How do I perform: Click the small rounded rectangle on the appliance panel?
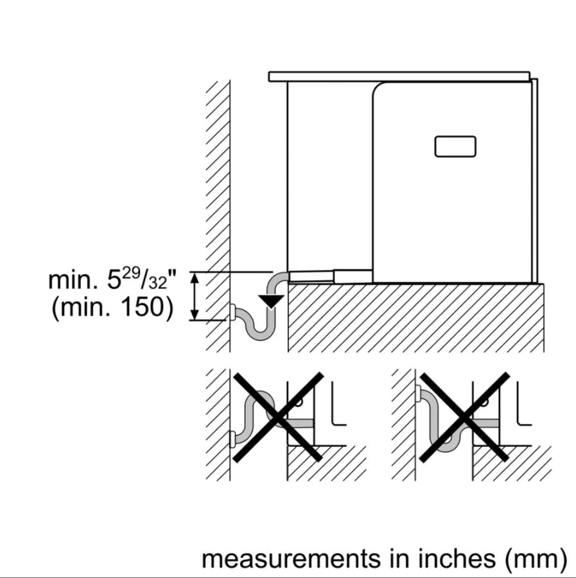click(x=455, y=146)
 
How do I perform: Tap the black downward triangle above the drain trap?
click(x=271, y=301)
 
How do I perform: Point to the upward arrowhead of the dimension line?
click(x=195, y=277)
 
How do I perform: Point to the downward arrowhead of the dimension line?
click(x=195, y=315)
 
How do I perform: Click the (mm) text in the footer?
click(x=536, y=559)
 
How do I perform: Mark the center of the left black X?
click(x=278, y=417)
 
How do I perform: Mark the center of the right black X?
click(x=464, y=417)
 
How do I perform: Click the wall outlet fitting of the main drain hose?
click(x=233, y=312)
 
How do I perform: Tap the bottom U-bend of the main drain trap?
click(x=261, y=333)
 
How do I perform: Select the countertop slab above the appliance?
click(x=399, y=76)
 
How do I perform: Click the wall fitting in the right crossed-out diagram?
click(x=418, y=393)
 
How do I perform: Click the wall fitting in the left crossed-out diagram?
click(x=233, y=439)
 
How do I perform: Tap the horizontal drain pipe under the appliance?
click(x=330, y=276)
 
